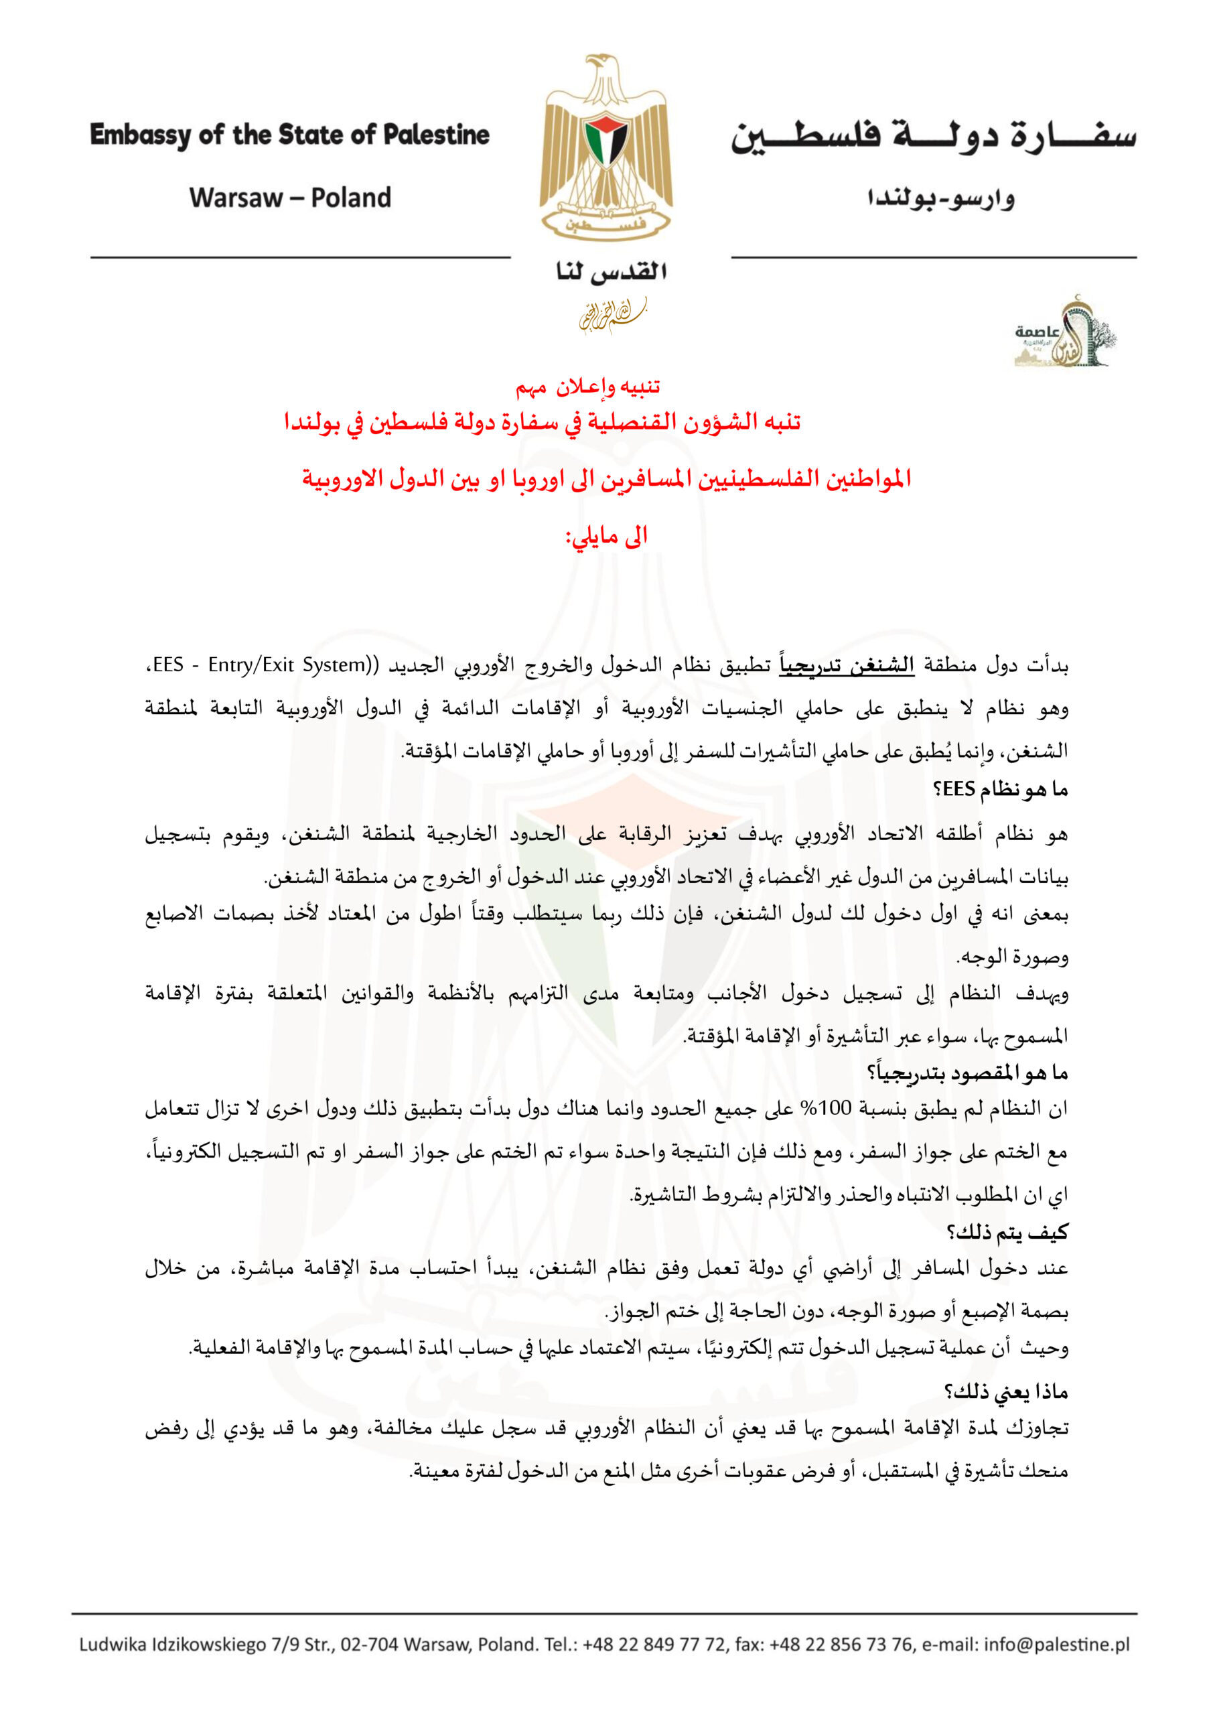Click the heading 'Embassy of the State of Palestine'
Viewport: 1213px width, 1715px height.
pyautogui.click(x=290, y=135)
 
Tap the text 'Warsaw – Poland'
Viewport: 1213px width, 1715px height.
pyautogui.click(x=290, y=198)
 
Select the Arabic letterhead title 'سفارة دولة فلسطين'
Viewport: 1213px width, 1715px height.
pyautogui.click(x=933, y=136)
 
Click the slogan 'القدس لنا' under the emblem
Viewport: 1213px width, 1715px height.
pyautogui.click(x=611, y=272)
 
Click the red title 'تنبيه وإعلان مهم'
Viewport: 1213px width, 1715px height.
pyautogui.click(x=588, y=387)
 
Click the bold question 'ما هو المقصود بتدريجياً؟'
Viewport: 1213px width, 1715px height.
pyautogui.click(x=967, y=1073)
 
